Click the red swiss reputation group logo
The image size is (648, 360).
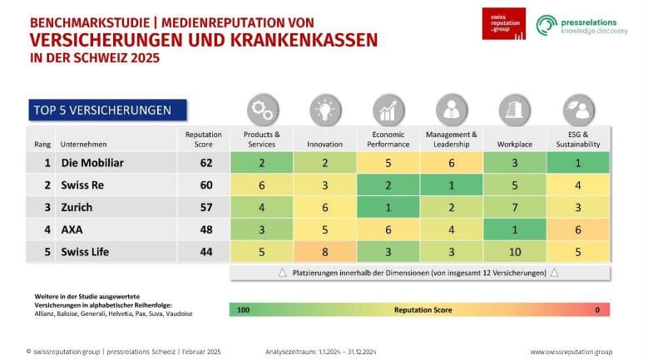click(x=503, y=24)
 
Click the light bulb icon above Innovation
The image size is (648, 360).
click(x=324, y=110)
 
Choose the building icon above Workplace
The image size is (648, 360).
click(x=515, y=110)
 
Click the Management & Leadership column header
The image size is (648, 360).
click(x=452, y=139)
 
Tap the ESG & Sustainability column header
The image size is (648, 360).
click(x=578, y=139)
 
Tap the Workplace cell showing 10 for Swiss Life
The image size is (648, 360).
click(x=515, y=251)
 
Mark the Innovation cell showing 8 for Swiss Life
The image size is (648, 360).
click(x=324, y=251)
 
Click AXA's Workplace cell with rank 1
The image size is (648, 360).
click(x=515, y=229)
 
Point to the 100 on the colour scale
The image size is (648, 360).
click(x=243, y=309)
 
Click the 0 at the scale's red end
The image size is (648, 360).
click(x=596, y=309)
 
